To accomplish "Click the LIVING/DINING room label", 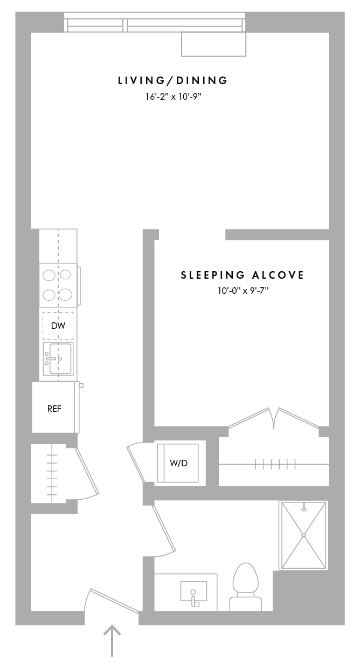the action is (173, 80).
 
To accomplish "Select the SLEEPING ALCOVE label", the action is (242, 275).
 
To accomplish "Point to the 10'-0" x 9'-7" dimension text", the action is (243, 291).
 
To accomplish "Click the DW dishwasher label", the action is (58, 326).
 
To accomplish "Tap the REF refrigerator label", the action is (54, 409).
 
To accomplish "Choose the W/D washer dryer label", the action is (178, 463).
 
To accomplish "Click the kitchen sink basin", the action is (60, 358).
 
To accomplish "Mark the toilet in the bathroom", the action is (245, 587).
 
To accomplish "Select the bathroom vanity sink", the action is (193, 591).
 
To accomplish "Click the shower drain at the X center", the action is (303, 535).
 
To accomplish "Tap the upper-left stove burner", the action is (49, 275).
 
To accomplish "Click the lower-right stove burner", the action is (65, 295).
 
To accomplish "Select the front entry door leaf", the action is (114, 601).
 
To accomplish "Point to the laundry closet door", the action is (136, 464).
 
